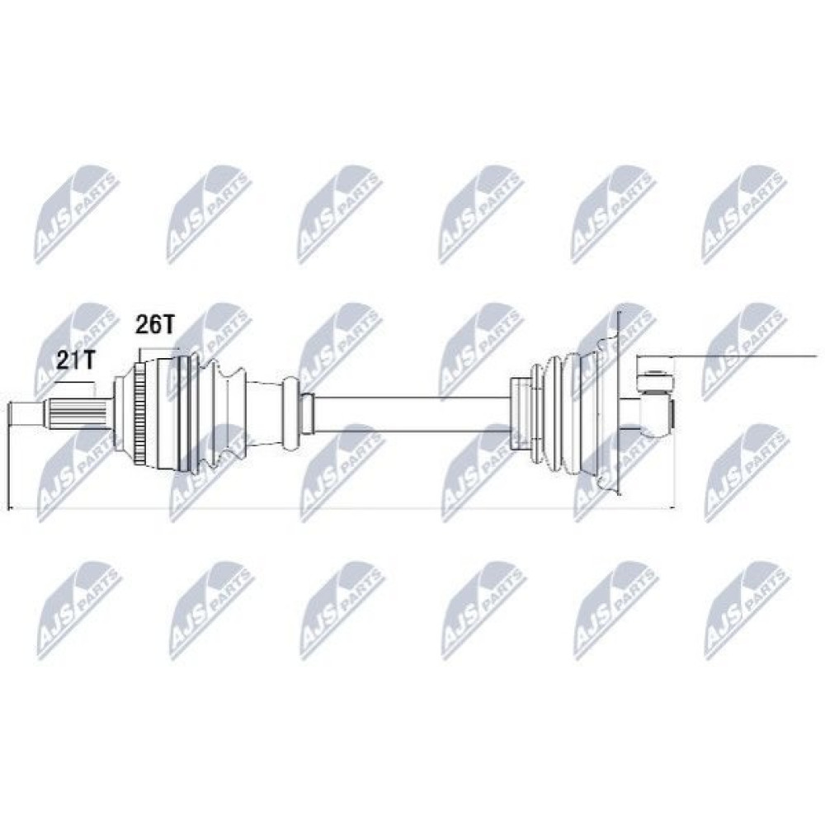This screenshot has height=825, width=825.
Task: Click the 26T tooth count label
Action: click(155, 324)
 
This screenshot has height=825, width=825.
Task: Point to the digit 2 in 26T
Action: click(142, 324)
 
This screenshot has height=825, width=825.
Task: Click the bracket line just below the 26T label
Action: click(158, 349)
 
